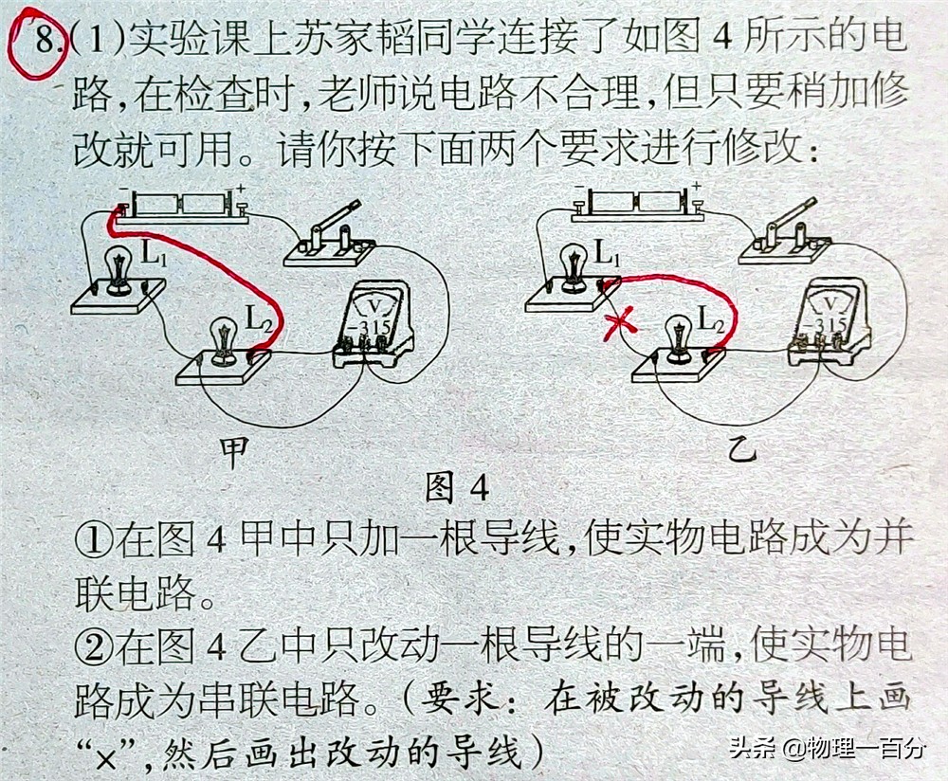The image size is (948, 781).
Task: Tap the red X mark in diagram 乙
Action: point(621,324)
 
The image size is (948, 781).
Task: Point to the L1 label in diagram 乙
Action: point(608,253)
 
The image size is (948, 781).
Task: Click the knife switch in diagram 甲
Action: point(328,236)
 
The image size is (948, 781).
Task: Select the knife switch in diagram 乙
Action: point(785,236)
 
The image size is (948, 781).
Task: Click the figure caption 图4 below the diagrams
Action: point(456,488)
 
